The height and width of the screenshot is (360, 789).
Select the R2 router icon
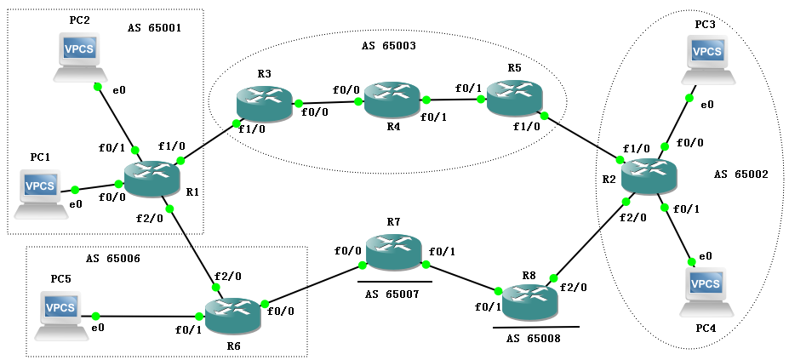click(649, 176)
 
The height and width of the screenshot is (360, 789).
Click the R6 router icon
click(233, 314)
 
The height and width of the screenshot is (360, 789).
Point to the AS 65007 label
click(394, 294)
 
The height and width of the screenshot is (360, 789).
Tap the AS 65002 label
click(741, 174)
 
